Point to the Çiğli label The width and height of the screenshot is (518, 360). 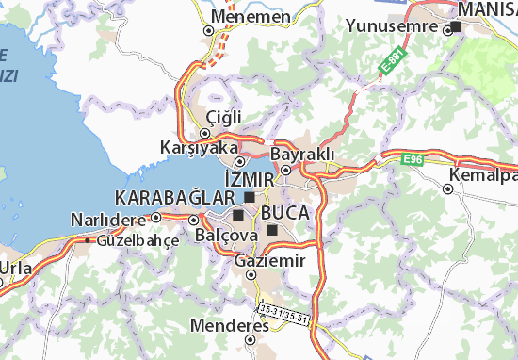point(224,116)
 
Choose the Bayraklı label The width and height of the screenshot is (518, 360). point(302,154)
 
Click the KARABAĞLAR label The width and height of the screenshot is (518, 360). point(172,197)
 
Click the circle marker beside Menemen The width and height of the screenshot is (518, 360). point(209,30)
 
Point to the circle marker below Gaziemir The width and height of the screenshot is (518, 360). point(251,275)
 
